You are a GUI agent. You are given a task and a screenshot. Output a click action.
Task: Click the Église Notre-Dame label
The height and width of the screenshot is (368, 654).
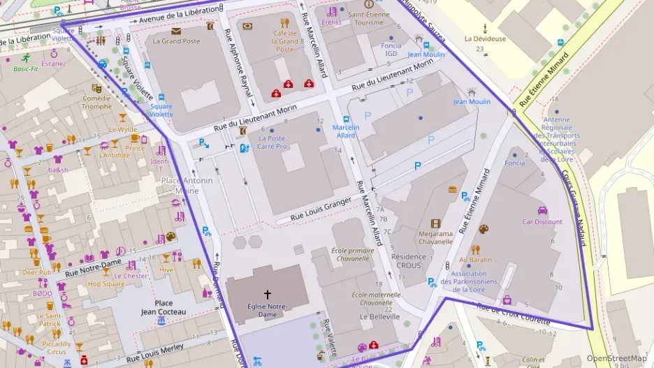pyautogui.click(x=267, y=310)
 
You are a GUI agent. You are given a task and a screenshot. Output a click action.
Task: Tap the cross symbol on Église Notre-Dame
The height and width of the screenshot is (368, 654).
pyautogui.click(x=267, y=294)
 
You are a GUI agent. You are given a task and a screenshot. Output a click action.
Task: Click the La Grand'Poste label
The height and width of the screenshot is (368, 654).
pyautogui.click(x=176, y=41)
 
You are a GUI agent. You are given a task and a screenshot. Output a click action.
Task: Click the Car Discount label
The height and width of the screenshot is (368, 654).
pyautogui.click(x=542, y=222)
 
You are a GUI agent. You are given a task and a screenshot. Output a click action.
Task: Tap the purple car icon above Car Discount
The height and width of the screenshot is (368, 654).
pyautogui.click(x=542, y=210)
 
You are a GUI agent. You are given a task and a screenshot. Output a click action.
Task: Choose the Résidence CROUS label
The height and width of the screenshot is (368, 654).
pyautogui.click(x=409, y=260)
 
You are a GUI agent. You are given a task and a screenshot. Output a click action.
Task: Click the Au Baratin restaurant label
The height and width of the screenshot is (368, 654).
pyautogui.click(x=476, y=260)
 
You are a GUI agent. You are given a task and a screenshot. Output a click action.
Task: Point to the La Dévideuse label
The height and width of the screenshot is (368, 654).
pyautogui.click(x=486, y=39)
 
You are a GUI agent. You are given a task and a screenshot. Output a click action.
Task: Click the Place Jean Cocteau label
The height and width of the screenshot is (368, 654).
pyautogui.click(x=164, y=307)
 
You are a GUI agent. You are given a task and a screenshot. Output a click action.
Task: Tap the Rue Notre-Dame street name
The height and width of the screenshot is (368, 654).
pyautogui.click(x=93, y=267)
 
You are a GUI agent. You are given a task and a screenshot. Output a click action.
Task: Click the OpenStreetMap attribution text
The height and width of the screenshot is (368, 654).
pyautogui.click(x=616, y=358)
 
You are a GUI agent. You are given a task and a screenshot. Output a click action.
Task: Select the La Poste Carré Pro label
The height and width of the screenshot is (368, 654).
pyautogui.click(x=272, y=142)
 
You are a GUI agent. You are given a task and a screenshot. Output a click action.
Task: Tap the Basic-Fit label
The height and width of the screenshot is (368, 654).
pyautogui.click(x=27, y=69)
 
